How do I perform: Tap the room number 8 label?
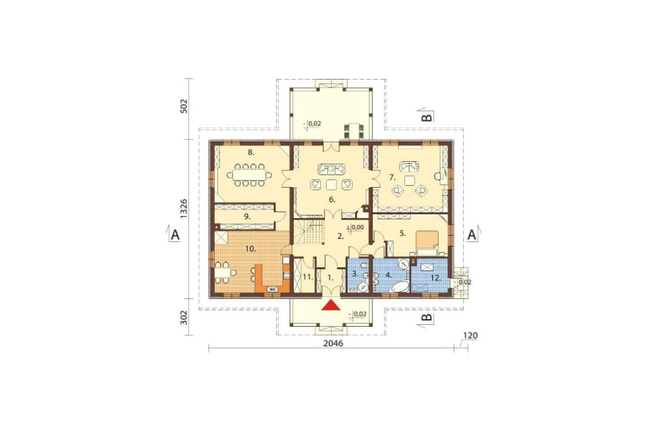[x=251, y=152]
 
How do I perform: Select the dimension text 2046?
[x=333, y=344]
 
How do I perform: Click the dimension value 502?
[x=184, y=105]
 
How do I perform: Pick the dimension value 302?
[x=184, y=317]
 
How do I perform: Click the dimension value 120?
[x=470, y=335]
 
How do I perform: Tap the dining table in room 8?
[x=249, y=175]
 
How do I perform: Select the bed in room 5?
[x=427, y=241]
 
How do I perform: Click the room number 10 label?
[x=250, y=249]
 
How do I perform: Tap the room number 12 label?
[x=435, y=278]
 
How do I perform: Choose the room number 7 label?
[x=392, y=177]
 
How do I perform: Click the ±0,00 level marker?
[x=355, y=227]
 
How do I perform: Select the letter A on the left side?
[x=175, y=235]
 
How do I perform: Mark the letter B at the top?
[x=428, y=117]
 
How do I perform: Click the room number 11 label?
[x=307, y=277]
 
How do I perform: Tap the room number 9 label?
[x=246, y=216]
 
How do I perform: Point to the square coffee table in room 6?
[x=332, y=184]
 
